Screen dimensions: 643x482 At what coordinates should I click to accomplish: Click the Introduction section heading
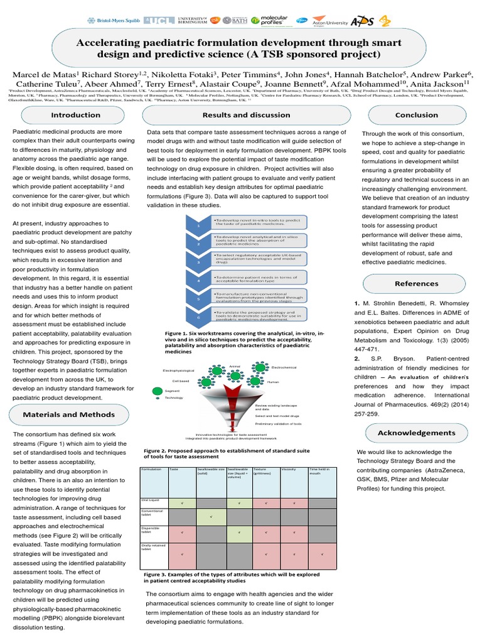point(75,115)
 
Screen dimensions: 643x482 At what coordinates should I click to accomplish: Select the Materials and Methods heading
point(69,415)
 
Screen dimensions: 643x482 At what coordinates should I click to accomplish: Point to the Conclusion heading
point(417,115)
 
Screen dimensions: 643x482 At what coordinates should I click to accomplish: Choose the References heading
point(417,283)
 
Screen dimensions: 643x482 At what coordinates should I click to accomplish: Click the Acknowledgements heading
point(417,433)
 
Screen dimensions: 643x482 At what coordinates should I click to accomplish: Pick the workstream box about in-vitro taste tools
point(259,223)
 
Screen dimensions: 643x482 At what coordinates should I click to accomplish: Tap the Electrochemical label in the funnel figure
point(284,367)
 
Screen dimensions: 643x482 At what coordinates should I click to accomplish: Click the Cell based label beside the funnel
point(180,381)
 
